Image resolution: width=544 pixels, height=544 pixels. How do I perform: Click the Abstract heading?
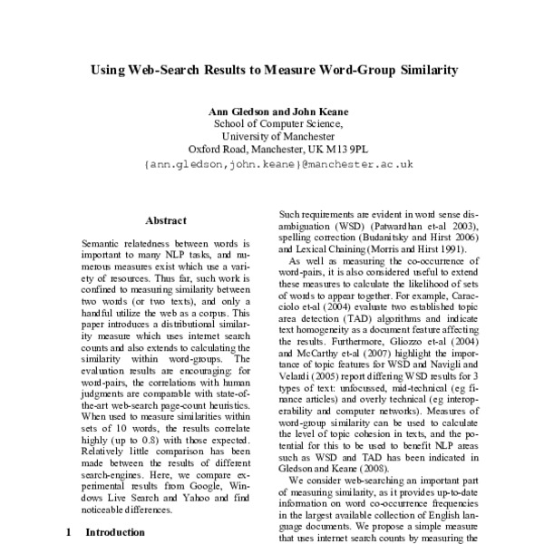point(165,220)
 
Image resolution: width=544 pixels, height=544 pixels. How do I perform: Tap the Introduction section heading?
point(114,533)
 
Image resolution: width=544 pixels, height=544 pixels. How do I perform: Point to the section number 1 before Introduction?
point(68,533)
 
